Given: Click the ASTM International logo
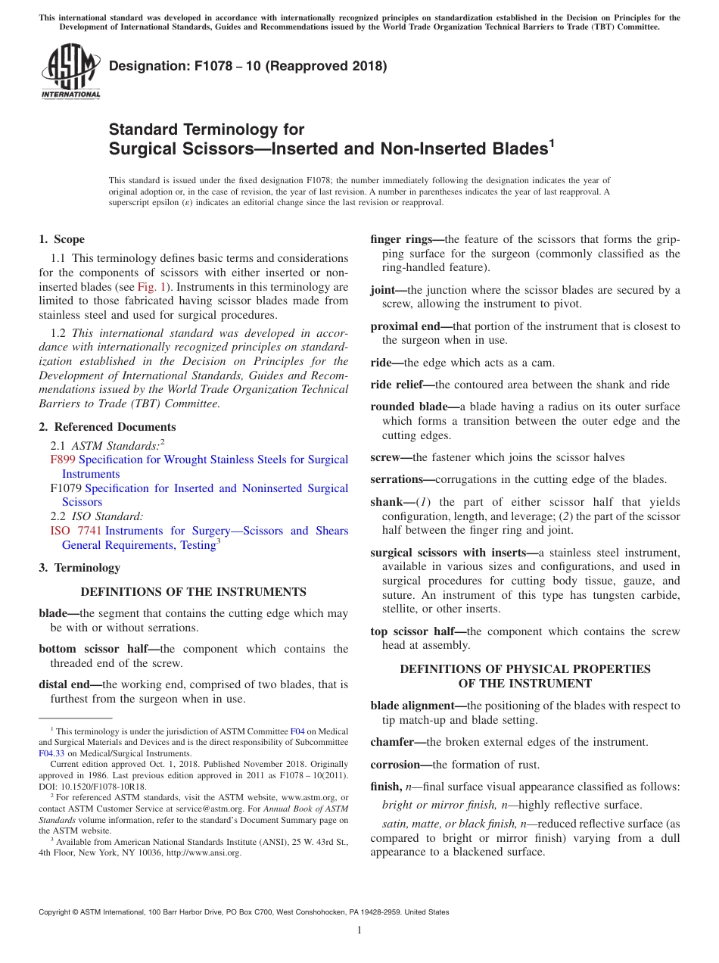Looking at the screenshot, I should tap(70, 72).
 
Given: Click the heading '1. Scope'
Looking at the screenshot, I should tap(61, 239).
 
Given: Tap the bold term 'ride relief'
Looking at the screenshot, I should tap(401, 385).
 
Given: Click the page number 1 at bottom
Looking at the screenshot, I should tap(359, 930).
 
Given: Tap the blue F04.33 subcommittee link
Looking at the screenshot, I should tap(51, 753).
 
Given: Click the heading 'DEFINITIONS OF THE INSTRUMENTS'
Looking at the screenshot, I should tap(193, 592).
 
